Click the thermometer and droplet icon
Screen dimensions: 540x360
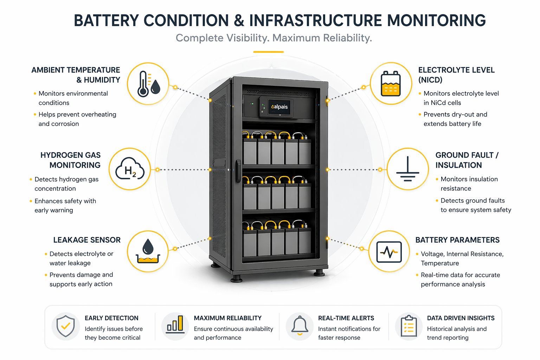[x=148, y=84]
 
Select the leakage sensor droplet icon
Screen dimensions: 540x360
[x=148, y=251]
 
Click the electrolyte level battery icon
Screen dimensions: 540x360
[x=391, y=83]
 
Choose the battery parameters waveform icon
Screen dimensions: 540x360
[x=389, y=252]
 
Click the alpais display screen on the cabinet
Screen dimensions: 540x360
[x=279, y=107]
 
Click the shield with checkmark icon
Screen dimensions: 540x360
[x=66, y=326]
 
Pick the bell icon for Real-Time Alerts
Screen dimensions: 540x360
[x=300, y=325]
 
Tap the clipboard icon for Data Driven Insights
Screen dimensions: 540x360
[x=409, y=326]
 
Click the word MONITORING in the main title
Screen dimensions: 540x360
[x=436, y=20]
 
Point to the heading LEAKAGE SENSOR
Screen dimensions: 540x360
[x=87, y=240]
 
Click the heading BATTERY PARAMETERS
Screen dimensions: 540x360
[x=457, y=240]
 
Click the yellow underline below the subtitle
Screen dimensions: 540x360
[x=268, y=52]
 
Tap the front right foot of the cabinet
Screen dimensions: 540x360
[x=319, y=273]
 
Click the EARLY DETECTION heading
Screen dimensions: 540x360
[x=111, y=318]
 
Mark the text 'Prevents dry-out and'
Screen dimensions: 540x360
[x=455, y=114]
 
